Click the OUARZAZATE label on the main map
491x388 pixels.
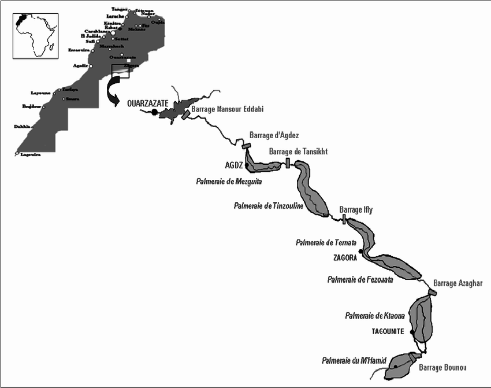(147, 104)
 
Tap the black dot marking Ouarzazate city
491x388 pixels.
(154, 112)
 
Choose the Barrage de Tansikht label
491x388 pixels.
(299, 151)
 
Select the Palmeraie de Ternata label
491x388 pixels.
(325, 243)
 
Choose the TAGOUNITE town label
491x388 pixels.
(390, 332)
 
